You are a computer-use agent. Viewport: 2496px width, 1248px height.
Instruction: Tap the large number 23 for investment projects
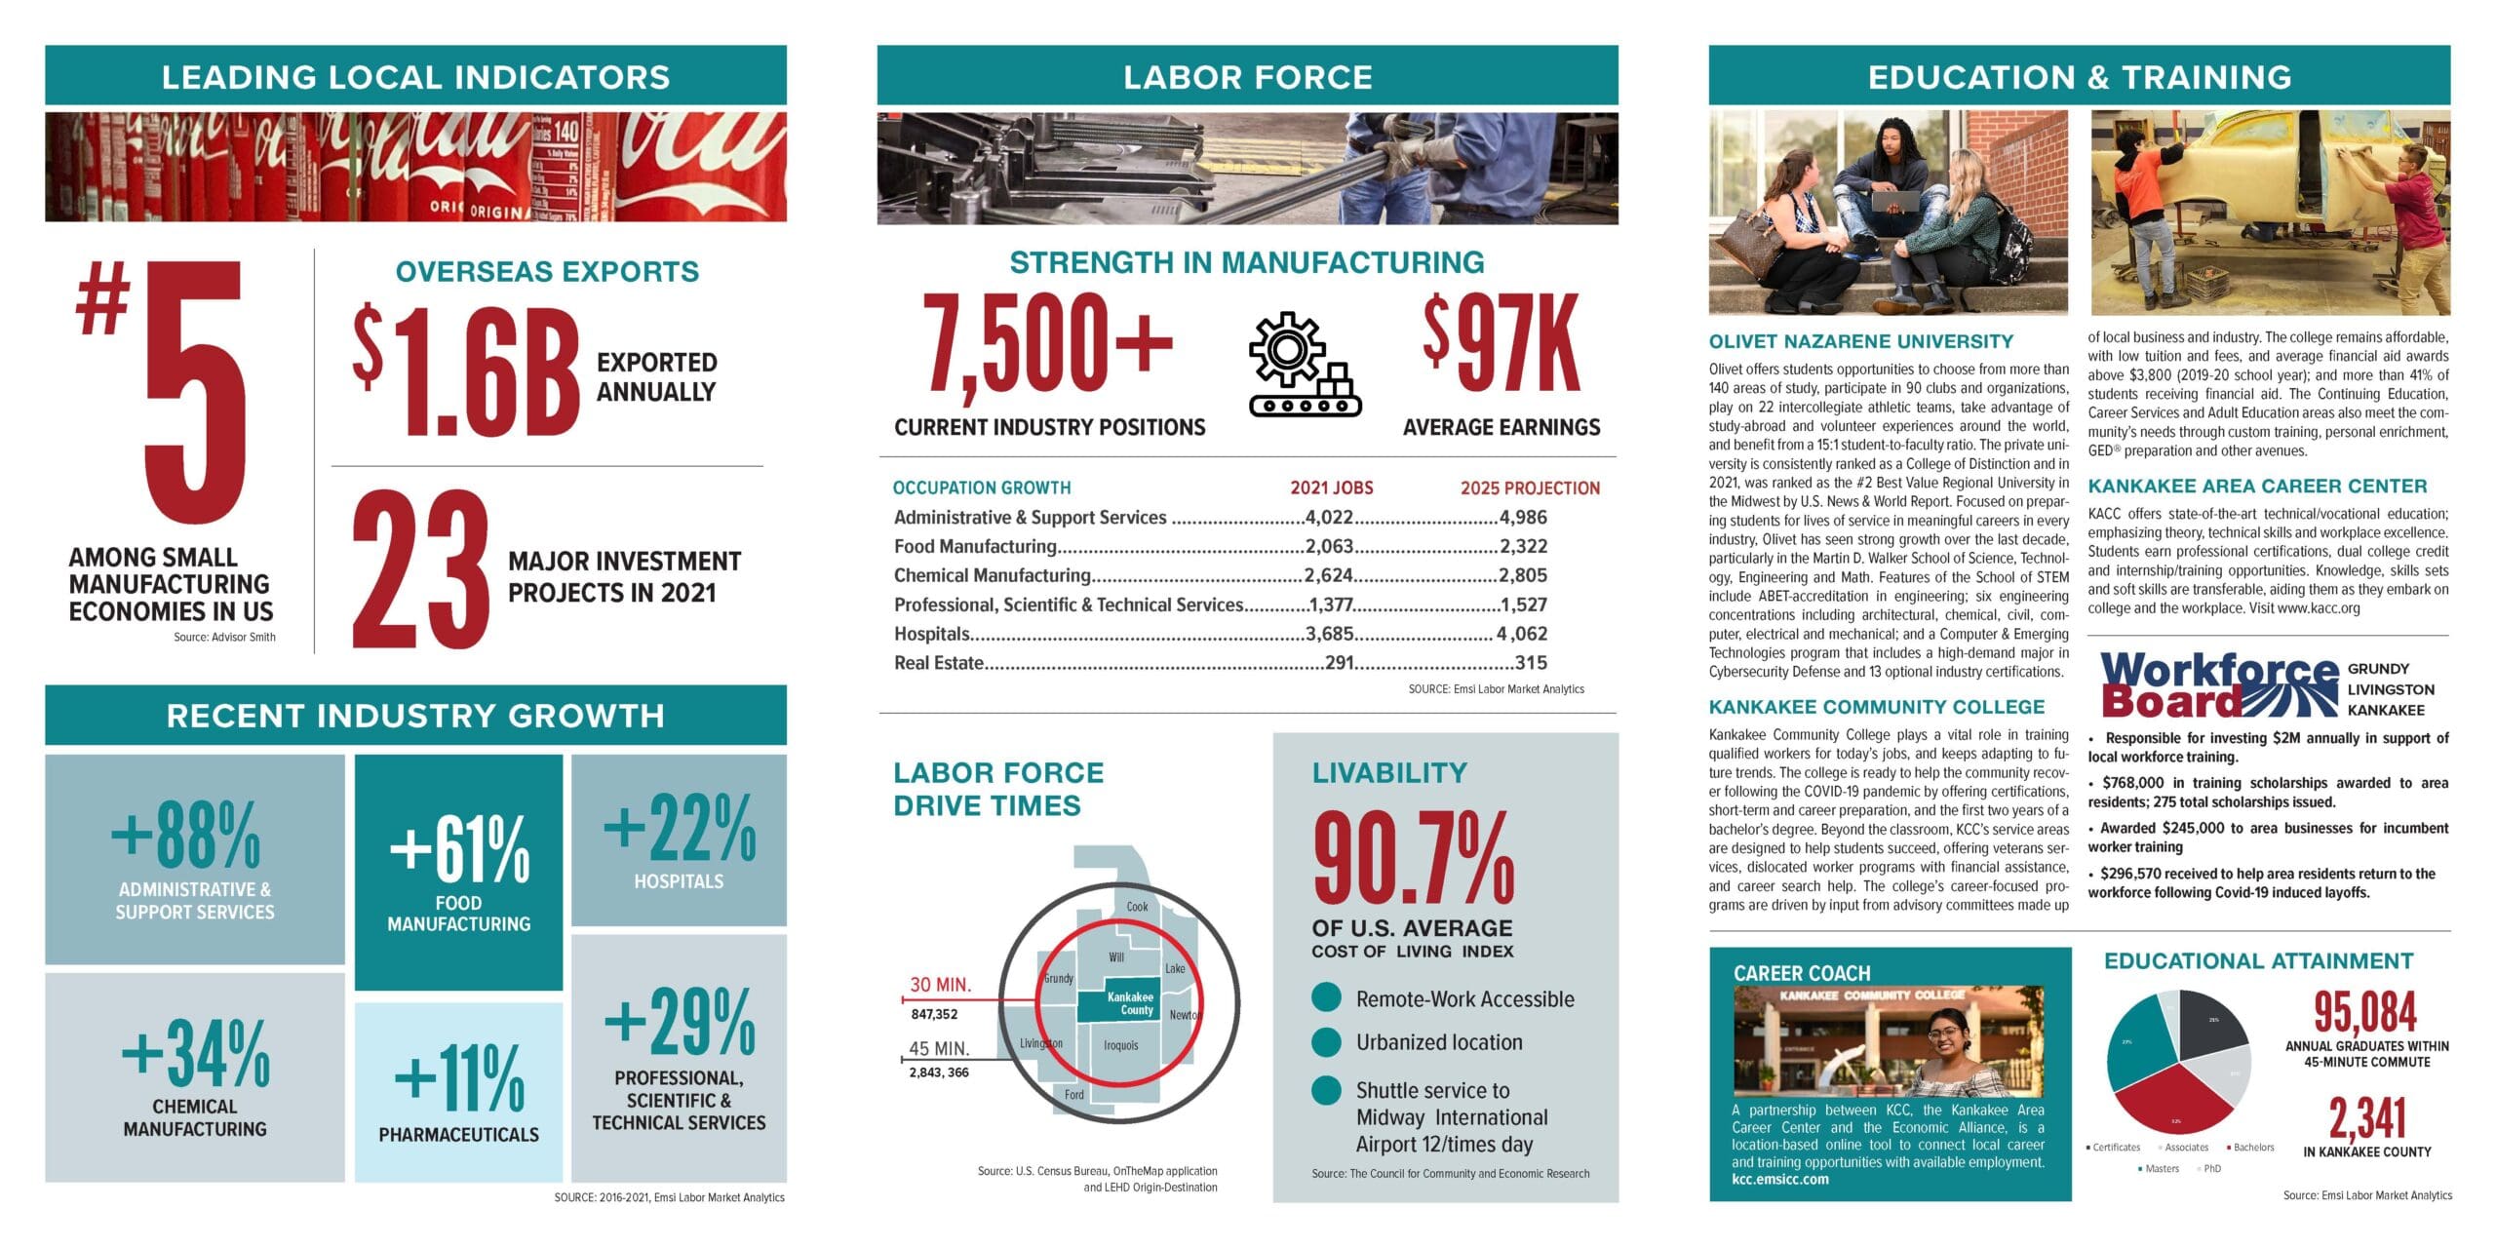pyautogui.click(x=420, y=569)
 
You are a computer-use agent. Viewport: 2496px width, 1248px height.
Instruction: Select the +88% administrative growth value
pyautogui.click(x=186, y=835)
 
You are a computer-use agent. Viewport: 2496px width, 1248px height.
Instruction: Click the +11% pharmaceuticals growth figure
pyautogui.click(x=459, y=1077)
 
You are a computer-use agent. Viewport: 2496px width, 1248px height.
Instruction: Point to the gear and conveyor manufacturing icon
pyautogui.click(x=1304, y=365)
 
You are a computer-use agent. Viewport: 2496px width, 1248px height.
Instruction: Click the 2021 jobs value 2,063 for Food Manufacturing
pyautogui.click(x=1329, y=546)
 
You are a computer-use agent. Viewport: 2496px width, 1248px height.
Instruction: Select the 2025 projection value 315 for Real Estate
pyautogui.click(x=1531, y=663)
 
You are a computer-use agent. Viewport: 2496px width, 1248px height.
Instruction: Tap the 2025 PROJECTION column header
pyautogui.click(x=1530, y=488)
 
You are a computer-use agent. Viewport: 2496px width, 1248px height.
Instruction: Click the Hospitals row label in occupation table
pyautogui.click(x=931, y=634)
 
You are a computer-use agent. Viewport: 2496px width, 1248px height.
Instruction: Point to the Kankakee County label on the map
pyautogui.click(x=1130, y=1003)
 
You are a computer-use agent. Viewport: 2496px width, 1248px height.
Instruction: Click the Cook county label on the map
pyautogui.click(x=1137, y=907)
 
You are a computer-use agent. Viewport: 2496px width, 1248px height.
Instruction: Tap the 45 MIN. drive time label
pyautogui.click(x=939, y=1049)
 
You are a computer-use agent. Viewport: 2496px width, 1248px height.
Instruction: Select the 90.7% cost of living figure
pyautogui.click(x=1414, y=859)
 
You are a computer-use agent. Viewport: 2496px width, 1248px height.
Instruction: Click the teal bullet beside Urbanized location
pyautogui.click(x=1326, y=1042)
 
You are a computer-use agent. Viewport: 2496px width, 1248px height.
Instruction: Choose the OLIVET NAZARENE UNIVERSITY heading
pyautogui.click(x=1860, y=342)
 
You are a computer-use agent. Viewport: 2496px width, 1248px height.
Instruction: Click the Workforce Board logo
pyautogui.click(x=2218, y=684)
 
